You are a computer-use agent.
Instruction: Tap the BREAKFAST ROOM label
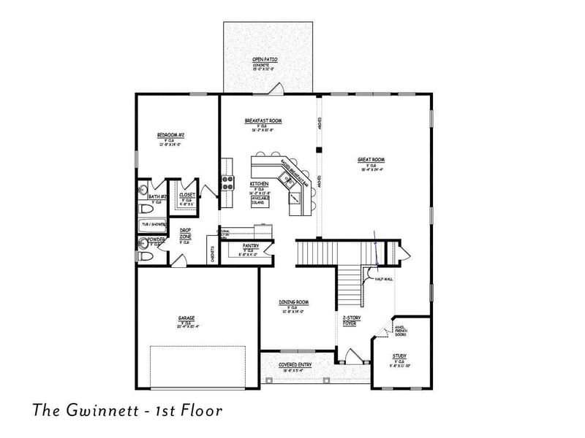[x=263, y=121]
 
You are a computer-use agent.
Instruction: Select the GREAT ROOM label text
[x=371, y=160]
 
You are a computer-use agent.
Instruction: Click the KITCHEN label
[x=259, y=184]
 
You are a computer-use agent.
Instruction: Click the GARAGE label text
[x=186, y=318]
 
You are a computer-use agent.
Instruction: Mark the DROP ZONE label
[x=186, y=234]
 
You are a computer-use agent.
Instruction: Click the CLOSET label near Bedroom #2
[x=187, y=195]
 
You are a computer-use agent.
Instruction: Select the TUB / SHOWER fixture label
[x=154, y=224]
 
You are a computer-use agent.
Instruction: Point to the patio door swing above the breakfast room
[x=276, y=88]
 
